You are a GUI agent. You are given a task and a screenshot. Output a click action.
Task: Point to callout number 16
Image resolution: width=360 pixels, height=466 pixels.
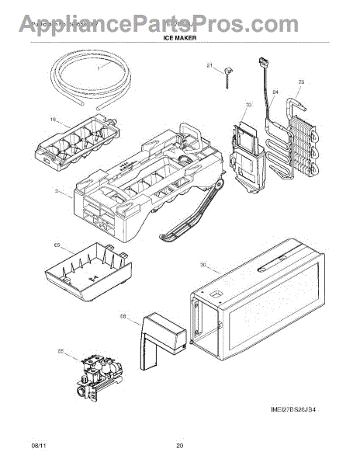pyautogui.click(x=53, y=120)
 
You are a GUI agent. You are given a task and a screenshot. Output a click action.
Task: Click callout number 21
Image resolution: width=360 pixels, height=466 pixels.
pyautogui.click(x=209, y=65)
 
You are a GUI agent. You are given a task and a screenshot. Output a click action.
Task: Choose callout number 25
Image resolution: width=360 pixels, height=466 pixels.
pyautogui.click(x=301, y=81)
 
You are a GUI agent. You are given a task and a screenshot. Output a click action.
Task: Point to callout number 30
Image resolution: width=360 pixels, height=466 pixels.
pyautogui.click(x=203, y=266)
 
